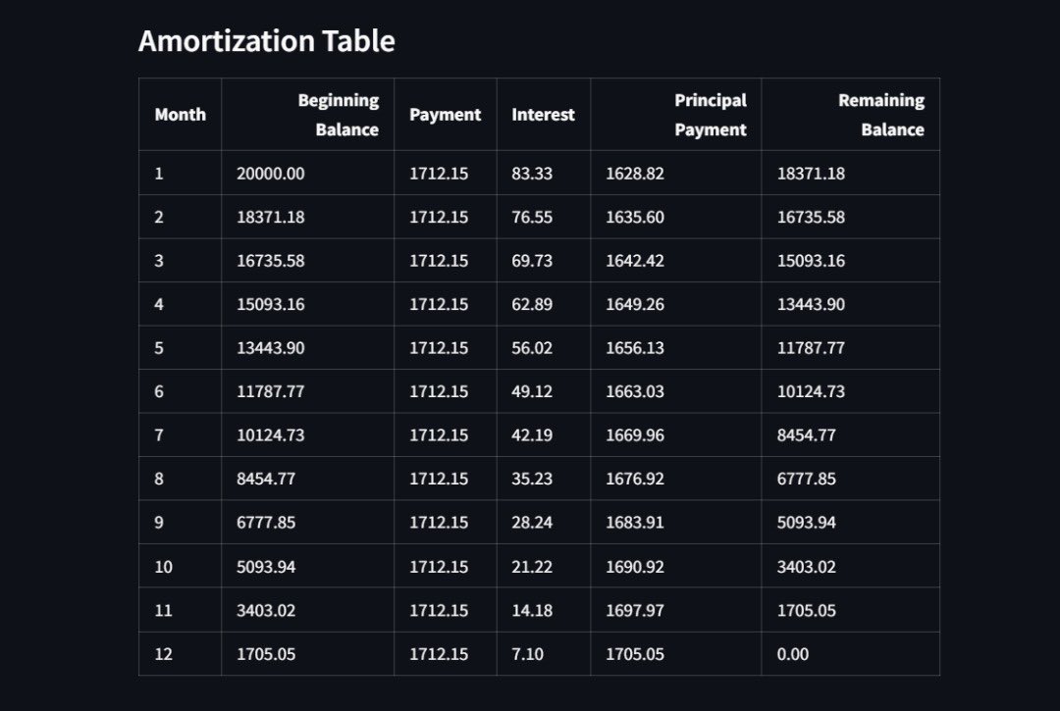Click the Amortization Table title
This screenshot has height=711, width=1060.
pos(266,41)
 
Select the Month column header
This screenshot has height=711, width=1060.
pos(180,115)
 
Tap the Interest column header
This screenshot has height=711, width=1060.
pos(543,115)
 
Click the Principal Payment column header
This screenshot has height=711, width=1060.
pos(710,115)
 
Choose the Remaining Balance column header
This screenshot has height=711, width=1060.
pos(880,115)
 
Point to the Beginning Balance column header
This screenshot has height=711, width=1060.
pos(338,115)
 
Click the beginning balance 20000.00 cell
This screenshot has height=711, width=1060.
pos(271,174)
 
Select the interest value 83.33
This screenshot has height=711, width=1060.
pos(532,174)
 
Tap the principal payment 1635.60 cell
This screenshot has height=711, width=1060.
pos(634,217)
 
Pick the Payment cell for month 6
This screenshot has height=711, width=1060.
pos(439,391)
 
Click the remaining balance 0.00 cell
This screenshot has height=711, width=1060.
pos(793,654)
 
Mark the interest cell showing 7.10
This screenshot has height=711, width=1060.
pos(527,654)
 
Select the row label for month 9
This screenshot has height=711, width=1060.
pos(159,523)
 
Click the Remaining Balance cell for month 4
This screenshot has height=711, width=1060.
pos(811,304)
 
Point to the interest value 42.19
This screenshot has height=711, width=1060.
pos(532,435)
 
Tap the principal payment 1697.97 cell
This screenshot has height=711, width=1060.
pos(634,610)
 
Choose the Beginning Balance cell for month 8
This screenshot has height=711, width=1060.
pos(266,479)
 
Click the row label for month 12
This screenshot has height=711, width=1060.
pos(163,654)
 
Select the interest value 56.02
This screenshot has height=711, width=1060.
pos(532,348)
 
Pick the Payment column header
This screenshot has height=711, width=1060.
pos(445,115)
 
